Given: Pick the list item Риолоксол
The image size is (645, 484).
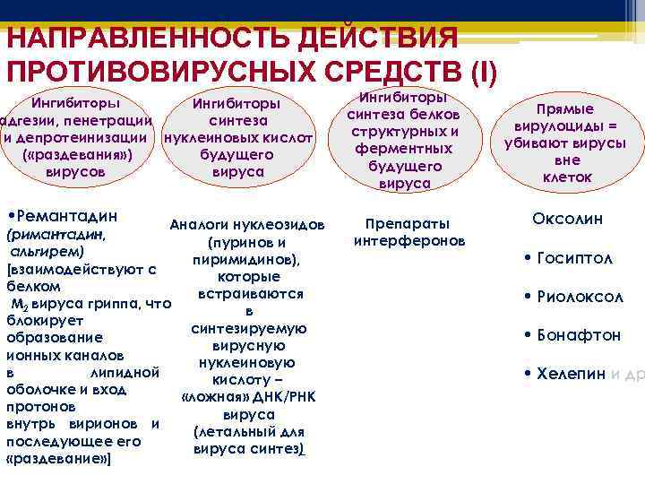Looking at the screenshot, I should (583, 297).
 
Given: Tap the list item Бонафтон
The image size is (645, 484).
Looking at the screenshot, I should (582, 335).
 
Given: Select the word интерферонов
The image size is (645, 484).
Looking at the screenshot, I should (408, 241).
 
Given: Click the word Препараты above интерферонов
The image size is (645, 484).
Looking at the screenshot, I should (408, 224).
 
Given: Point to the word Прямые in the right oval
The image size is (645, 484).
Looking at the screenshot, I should (567, 108).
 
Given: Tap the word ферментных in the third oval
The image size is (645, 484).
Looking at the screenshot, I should (404, 149).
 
